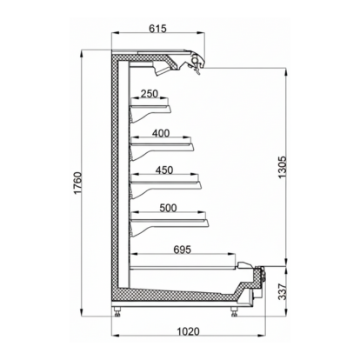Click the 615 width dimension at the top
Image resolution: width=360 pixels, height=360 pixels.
coord(157,29)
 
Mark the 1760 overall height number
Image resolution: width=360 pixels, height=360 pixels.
coord(76,185)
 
